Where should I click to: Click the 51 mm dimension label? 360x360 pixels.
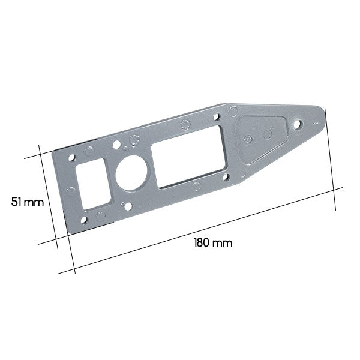pos(28,202)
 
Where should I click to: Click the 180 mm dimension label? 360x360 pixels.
pos(213,243)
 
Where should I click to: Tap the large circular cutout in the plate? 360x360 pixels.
pos(131,173)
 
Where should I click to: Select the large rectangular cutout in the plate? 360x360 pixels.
pos(189,157)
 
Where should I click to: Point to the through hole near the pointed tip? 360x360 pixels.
pos(298,125)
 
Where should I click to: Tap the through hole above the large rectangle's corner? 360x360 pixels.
pos(217,117)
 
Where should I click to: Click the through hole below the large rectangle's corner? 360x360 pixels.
pos(226,177)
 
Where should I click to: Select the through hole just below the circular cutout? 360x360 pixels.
pos(128,206)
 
